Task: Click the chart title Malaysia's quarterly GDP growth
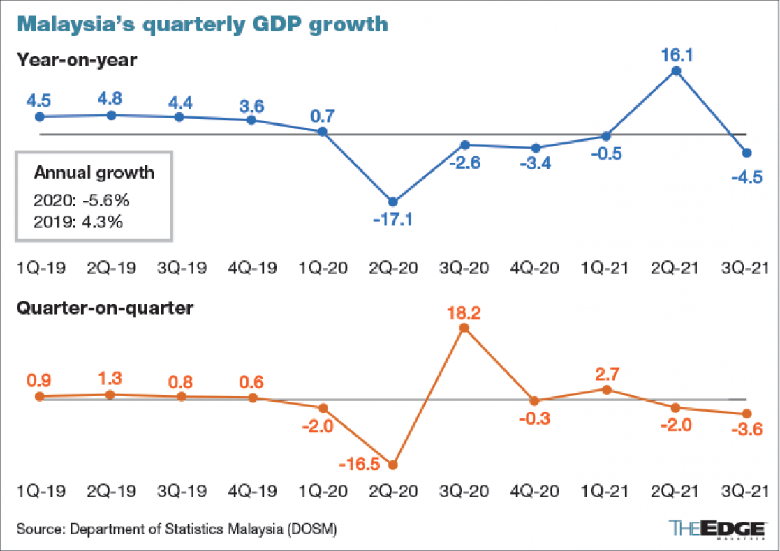pyautogui.click(x=202, y=24)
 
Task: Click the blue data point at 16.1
pyautogui.click(x=675, y=70)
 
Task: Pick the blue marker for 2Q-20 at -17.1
pyautogui.click(x=393, y=202)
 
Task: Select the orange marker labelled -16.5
pyautogui.click(x=393, y=465)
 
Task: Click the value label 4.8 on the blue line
pyautogui.click(x=110, y=97)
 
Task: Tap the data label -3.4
pyautogui.click(x=536, y=165)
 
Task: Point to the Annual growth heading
pyautogui.click(x=94, y=173)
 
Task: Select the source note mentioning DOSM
pyautogui.click(x=177, y=529)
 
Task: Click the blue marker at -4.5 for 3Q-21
pyautogui.click(x=746, y=152)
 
